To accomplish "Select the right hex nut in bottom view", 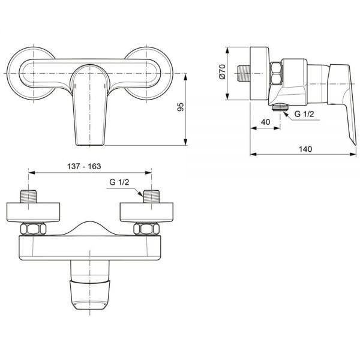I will pyautogui.click(x=146, y=229).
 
